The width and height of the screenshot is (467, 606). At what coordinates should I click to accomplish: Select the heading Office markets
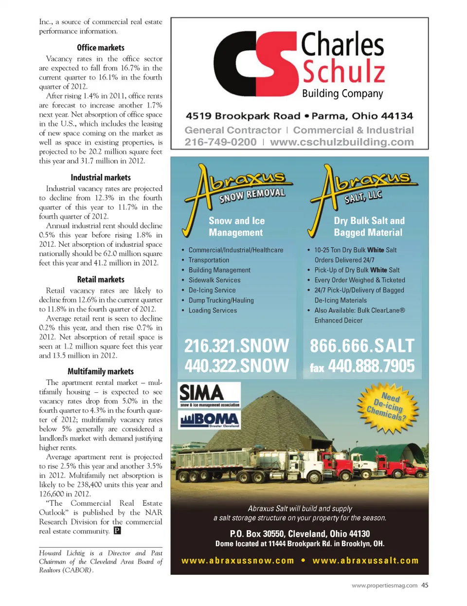(101, 48)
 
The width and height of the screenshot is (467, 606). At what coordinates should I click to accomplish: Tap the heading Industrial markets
(101, 178)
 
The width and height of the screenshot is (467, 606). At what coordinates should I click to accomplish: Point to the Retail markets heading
(101, 279)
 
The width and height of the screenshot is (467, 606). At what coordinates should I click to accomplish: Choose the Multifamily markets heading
(101, 371)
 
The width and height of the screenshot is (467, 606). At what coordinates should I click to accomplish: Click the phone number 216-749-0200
(220, 142)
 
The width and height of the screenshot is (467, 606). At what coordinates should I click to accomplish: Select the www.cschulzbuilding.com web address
(342, 142)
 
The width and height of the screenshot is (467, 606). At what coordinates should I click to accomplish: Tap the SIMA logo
(210, 395)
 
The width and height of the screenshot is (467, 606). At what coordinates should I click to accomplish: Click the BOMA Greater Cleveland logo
(210, 419)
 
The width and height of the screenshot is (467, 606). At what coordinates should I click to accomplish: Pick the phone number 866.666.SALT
(362, 346)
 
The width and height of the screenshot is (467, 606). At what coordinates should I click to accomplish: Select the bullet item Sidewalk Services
(215, 280)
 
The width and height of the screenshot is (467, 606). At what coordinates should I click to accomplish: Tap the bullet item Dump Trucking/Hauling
(221, 300)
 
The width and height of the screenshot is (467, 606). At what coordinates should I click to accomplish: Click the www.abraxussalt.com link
(365, 561)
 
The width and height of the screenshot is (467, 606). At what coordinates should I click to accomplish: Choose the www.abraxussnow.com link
(238, 561)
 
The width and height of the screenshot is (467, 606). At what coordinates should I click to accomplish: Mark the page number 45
(425, 586)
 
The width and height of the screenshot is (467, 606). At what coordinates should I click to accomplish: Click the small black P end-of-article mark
(117, 531)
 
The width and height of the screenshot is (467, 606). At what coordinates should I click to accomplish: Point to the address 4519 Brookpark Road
(243, 116)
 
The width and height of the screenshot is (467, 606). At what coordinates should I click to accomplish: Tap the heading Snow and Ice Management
(236, 227)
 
